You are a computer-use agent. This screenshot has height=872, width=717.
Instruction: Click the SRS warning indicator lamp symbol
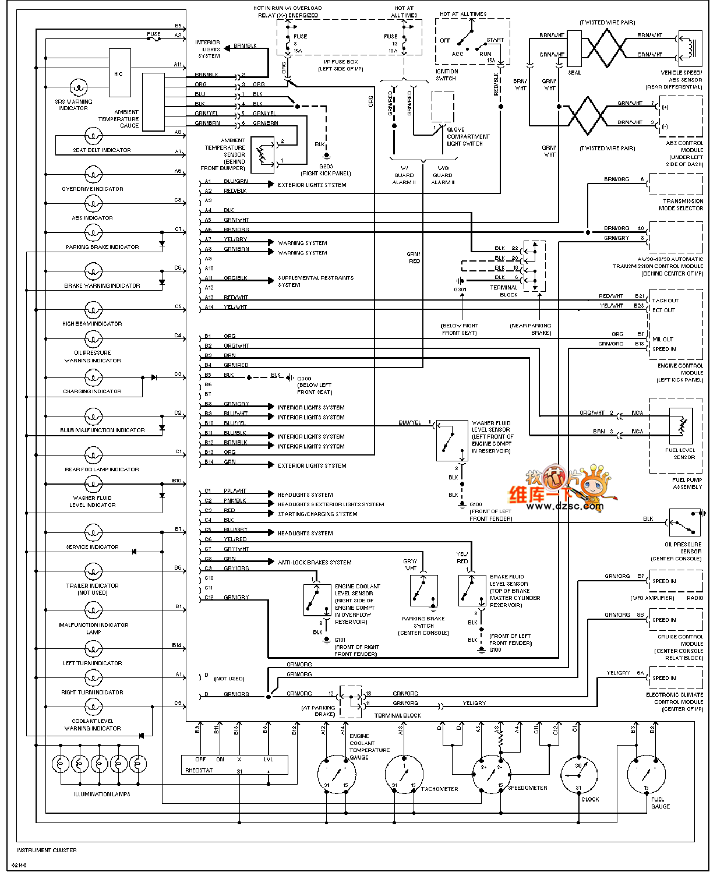coord(78,89)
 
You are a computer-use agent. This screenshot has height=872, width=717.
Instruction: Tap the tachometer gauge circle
coord(404,774)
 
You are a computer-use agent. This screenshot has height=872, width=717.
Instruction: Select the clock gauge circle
coord(578,774)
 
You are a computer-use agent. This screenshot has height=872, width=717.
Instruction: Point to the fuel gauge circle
coord(646,774)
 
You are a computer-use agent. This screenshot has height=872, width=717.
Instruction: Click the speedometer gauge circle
coord(492,774)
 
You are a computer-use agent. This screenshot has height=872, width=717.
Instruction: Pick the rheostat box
coord(235,765)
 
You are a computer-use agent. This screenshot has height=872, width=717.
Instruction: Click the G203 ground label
coord(326,167)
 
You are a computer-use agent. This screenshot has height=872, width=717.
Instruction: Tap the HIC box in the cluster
coord(119,73)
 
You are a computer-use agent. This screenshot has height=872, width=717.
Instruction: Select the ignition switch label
coord(447,75)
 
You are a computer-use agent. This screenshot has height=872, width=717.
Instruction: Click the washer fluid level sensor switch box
coord(451,440)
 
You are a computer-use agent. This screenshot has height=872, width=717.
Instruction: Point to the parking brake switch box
coord(423,591)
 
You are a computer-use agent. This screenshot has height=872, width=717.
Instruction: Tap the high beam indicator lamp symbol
coord(93,309)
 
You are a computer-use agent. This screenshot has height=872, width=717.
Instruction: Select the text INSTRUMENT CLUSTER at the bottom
coord(47,850)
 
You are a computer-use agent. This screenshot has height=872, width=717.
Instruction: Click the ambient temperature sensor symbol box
coord(262,154)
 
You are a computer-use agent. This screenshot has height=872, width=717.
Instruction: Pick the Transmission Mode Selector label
coord(681,204)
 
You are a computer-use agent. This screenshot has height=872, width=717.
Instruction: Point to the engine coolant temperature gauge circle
coord(336,774)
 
